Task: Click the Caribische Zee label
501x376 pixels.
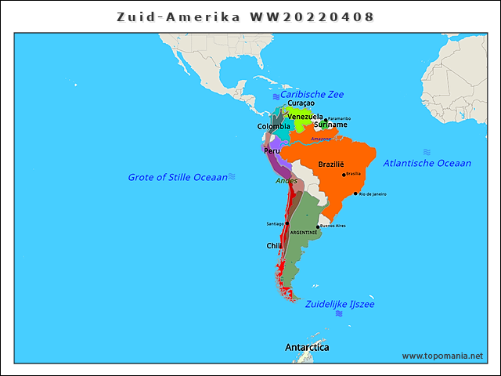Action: click(x=312, y=94)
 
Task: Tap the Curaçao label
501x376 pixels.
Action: click(x=301, y=103)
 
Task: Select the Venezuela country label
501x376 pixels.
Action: click(x=305, y=117)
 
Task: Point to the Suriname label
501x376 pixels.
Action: click(x=330, y=125)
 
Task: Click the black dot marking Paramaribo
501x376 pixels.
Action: click(x=326, y=120)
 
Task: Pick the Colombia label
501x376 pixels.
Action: click(x=273, y=126)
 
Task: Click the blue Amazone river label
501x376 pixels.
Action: click(x=321, y=139)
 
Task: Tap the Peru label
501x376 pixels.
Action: click(x=272, y=151)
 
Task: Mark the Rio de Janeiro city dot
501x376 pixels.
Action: click(x=355, y=193)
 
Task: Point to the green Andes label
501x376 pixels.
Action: click(x=287, y=181)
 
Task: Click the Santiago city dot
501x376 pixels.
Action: click(x=287, y=223)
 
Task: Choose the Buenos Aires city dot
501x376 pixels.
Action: click(x=317, y=226)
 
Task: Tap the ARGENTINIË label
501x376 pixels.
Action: click(x=304, y=233)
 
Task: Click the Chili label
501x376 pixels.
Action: click(x=274, y=246)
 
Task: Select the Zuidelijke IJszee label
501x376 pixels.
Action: click(x=340, y=304)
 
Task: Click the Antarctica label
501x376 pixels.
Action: click(x=307, y=347)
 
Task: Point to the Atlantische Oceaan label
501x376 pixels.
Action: click(x=427, y=163)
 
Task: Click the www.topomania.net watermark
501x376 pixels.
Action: click(x=442, y=356)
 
